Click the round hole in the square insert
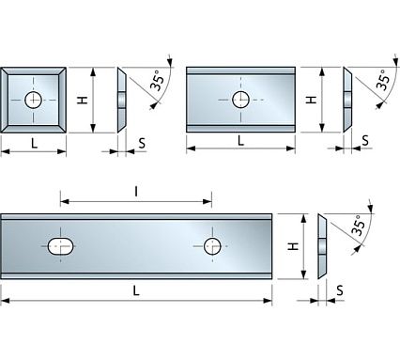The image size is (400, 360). click(x=35, y=99)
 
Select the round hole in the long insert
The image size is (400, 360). click(x=213, y=246)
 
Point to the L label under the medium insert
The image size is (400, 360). click(x=241, y=140)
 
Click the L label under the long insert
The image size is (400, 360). click(x=137, y=290)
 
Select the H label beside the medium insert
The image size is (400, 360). click(x=313, y=99)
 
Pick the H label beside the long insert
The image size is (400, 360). click(x=292, y=246)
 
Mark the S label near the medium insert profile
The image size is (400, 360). click(x=366, y=142)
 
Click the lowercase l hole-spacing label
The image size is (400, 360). click(x=137, y=191)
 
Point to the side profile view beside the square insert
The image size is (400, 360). click(x=122, y=99)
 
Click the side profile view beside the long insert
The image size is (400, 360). click(x=322, y=246)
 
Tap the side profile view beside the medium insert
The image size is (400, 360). click(x=348, y=99)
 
